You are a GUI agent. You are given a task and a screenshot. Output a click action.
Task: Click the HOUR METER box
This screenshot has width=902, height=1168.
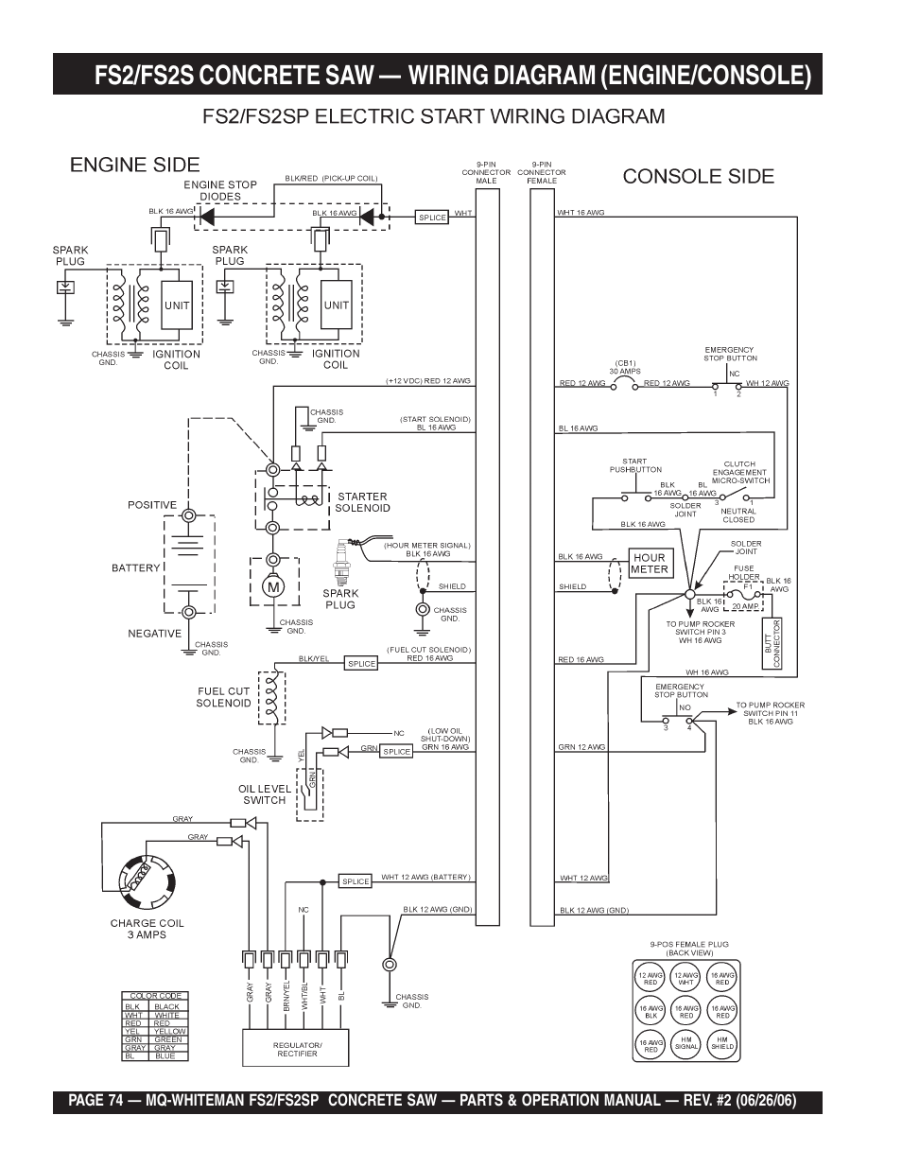point(650,564)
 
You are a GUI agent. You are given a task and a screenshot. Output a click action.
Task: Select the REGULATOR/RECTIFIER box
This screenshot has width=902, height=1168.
point(297,1049)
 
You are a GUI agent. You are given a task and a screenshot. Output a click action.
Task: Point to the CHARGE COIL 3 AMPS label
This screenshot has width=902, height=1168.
point(147,929)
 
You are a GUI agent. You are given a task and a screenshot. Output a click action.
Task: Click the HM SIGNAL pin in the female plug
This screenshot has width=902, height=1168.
point(686,1042)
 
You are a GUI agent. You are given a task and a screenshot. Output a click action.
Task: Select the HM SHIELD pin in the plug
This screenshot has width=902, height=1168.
point(722,1042)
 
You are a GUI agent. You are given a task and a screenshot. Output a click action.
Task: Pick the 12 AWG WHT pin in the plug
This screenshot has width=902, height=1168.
point(686,979)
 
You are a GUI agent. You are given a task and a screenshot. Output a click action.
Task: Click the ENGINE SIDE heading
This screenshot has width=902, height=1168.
point(135,165)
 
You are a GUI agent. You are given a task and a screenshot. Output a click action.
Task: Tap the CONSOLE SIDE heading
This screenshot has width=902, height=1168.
point(698,176)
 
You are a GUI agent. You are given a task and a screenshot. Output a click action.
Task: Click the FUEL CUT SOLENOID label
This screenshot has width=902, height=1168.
point(224,697)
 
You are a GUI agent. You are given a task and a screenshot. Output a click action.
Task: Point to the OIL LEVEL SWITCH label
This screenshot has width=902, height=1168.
point(265,794)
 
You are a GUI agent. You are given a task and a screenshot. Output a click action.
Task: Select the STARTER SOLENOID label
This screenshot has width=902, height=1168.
point(362,502)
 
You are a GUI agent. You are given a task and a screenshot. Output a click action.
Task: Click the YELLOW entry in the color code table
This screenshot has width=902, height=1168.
point(170,1031)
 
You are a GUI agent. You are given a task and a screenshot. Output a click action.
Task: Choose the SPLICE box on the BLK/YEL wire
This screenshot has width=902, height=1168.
point(362,664)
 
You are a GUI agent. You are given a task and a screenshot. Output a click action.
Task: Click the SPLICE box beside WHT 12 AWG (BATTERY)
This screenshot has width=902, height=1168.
point(356,881)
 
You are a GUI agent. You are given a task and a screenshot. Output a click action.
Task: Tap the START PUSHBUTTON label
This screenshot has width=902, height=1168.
point(635,465)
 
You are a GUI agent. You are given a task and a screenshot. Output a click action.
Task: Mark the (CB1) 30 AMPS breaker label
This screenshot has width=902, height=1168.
point(624,367)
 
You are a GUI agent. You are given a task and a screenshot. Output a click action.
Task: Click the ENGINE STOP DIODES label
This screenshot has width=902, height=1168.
point(220,191)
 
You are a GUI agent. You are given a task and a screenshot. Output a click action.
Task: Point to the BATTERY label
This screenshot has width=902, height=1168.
point(136,568)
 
